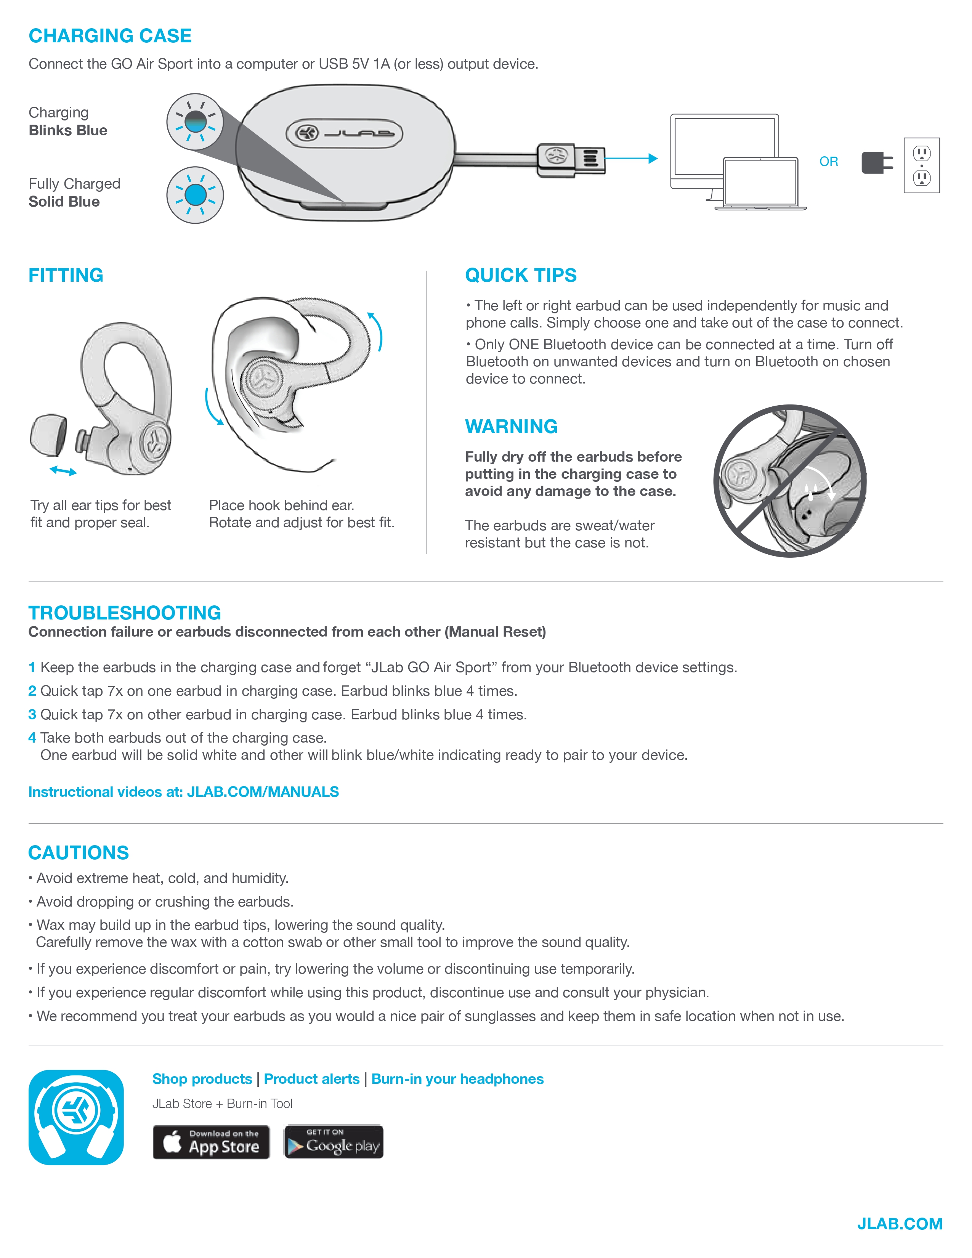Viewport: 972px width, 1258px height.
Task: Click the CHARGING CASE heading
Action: click(x=110, y=36)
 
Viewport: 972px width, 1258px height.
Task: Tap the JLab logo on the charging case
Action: click(x=344, y=134)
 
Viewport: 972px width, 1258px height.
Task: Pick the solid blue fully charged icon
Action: click(x=195, y=195)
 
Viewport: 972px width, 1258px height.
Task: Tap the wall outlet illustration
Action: click(x=921, y=165)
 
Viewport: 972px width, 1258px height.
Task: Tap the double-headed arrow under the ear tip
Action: click(x=63, y=471)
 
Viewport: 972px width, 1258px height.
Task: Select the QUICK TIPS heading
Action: click(x=521, y=275)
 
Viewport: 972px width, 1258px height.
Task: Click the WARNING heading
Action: click(x=511, y=426)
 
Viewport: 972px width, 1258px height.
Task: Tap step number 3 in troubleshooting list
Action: click(x=32, y=714)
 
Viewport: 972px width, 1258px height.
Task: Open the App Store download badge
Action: click(x=211, y=1142)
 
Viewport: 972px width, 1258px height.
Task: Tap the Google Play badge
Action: click(x=334, y=1142)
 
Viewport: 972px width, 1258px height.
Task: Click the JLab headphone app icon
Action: click(x=76, y=1117)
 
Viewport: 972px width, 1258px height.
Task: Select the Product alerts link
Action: click(x=311, y=1079)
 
